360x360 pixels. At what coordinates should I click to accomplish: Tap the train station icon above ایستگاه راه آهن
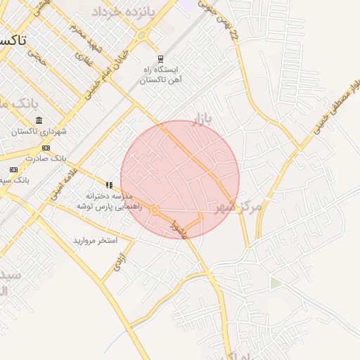pos(160,59)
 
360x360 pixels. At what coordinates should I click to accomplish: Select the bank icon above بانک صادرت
pos(46,148)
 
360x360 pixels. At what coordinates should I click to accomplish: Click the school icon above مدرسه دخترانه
pos(109,185)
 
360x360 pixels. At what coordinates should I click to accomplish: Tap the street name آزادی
pos(121,263)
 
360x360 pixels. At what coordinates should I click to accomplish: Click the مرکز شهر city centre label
pos(239,206)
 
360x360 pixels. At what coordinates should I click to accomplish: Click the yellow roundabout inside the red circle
pos(154,210)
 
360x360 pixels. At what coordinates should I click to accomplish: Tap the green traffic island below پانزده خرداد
pos(142,34)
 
